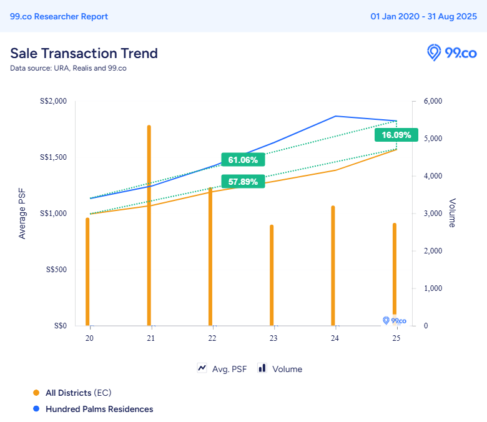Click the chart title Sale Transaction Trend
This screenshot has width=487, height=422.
click(x=84, y=53)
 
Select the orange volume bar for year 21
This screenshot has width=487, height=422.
click(x=149, y=225)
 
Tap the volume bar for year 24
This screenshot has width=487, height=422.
click(x=333, y=265)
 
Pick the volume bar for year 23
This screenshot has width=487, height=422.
click(x=272, y=275)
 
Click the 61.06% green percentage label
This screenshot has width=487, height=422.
click(x=243, y=160)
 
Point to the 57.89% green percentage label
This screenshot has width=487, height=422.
click(x=243, y=182)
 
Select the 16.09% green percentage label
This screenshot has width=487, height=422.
click(x=396, y=135)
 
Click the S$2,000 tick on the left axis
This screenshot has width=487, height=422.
click(x=53, y=101)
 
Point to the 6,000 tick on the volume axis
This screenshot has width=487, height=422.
click(x=433, y=101)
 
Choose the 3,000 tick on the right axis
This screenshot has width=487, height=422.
click(x=433, y=213)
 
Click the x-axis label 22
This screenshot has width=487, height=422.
click(x=212, y=338)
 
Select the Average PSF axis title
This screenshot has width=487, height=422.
click(x=22, y=213)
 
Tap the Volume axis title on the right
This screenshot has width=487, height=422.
click(x=452, y=213)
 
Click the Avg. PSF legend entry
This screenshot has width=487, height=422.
click(x=222, y=369)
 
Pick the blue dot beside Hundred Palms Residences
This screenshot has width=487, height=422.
click(x=36, y=409)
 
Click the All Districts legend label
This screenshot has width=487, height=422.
click(x=69, y=393)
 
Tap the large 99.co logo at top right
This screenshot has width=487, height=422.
click(x=451, y=52)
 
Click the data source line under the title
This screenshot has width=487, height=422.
click(x=68, y=68)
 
